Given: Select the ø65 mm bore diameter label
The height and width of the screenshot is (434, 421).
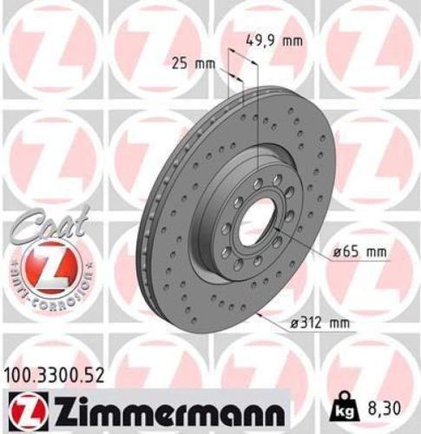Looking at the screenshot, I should (x=359, y=252).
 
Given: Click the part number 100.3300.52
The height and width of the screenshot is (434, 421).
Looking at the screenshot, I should (x=58, y=375).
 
